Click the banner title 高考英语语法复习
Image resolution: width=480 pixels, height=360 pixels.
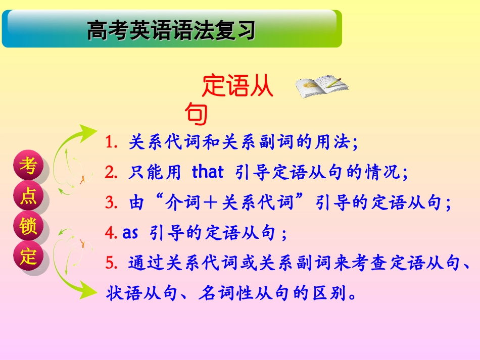tap(171, 30)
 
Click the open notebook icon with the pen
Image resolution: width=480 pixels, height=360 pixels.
tap(321, 86)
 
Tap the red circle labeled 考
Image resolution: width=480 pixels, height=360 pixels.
tap(29, 166)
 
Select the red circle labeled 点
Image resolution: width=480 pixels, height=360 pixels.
tap(29, 197)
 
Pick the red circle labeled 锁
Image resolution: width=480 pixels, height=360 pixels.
tap(29, 227)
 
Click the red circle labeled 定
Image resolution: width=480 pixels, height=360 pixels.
tap(29, 257)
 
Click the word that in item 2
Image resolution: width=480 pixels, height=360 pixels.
tap(207, 173)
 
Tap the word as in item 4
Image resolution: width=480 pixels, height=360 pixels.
tap(130, 233)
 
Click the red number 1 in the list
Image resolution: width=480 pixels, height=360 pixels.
tap(111, 143)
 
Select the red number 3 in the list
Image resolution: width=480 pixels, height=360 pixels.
tap(111, 203)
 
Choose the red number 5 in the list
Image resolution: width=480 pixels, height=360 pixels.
tap(111, 263)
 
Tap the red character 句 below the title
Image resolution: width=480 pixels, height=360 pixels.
tap(197, 114)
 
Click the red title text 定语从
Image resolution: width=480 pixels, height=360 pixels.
tap(237, 87)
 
